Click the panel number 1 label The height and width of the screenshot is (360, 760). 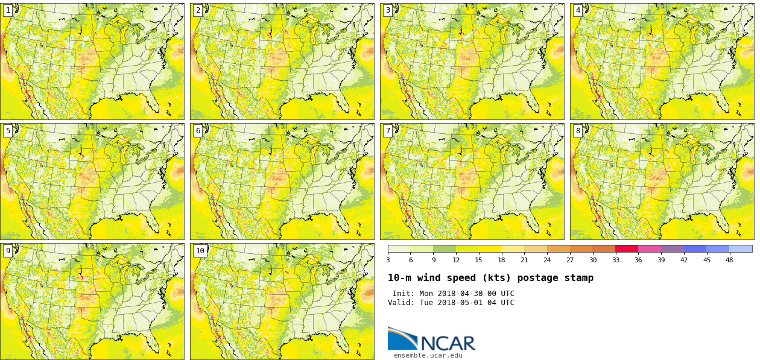[x=8, y=10]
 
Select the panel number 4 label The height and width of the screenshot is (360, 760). [x=578, y=10]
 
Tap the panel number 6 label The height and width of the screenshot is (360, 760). [x=198, y=131]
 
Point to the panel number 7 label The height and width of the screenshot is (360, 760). [x=388, y=131]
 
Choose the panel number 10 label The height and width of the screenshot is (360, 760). [x=200, y=251]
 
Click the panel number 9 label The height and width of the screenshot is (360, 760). [x=8, y=251]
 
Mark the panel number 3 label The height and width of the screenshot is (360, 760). [x=388, y=10]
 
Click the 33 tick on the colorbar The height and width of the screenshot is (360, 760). [x=615, y=260]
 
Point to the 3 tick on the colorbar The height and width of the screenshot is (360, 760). [x=388, y=260]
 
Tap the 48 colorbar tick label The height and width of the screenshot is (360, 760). [x=729, y=260]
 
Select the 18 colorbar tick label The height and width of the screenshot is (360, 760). [x=501, y=260]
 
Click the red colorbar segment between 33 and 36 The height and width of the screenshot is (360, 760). [x=627, y=248]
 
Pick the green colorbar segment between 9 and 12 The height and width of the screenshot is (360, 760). [x=445, y=248]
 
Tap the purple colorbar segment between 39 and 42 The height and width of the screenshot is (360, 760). [x=672, y=248]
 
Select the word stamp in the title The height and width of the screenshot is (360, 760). [x=579, y=278]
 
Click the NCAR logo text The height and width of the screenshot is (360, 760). [x=448, y=343]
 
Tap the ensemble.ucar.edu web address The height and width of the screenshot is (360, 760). [x=428, y=356]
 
